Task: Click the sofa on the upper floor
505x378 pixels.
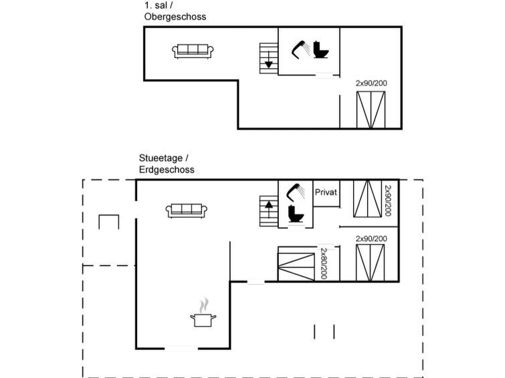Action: [x=193, y=51]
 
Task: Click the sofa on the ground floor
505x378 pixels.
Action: [x=185, y=210]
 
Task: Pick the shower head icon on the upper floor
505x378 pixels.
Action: [x=299, y=49]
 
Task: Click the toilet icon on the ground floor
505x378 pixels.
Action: [x=294, y=214]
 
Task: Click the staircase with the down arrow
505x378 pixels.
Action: [x=268, y=57]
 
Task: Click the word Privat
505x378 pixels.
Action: [x=325, y=192]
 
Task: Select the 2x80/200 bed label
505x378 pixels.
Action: [x=323, y=263]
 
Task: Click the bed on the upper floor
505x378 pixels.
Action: [x=371, y=110]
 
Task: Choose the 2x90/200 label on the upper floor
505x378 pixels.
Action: [x=371, y=83]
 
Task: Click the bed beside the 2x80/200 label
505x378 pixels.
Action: [x=296, y=263]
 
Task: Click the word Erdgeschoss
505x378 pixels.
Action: [x=167, y=170]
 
